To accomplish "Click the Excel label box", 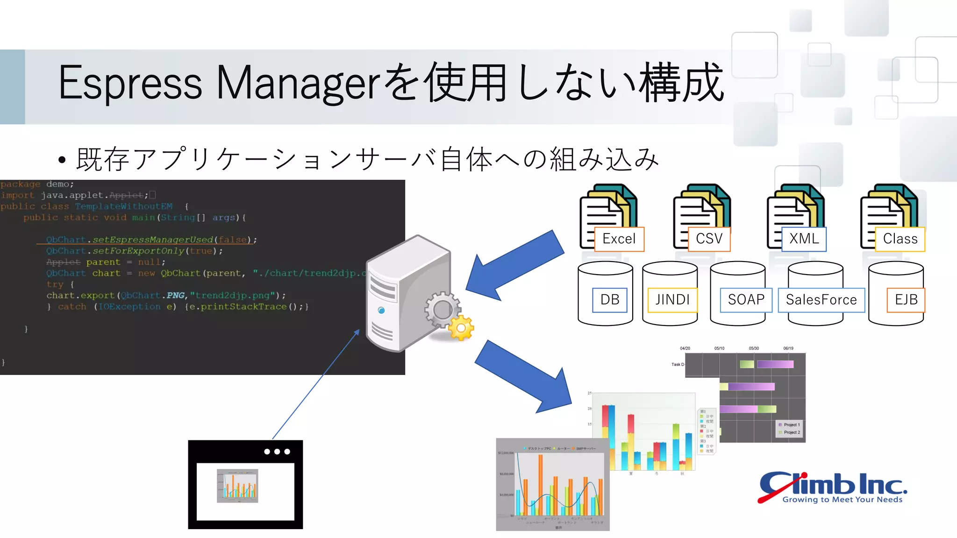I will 619,239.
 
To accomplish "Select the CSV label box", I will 709,239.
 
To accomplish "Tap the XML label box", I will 804,239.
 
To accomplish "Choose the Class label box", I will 900,239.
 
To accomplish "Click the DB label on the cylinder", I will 610,300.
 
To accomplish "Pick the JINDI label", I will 672,300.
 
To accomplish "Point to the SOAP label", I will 746,300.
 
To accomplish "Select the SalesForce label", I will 821,300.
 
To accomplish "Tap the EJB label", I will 906,300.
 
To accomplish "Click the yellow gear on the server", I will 461,328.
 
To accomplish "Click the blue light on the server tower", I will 381,311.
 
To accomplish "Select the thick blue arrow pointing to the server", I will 514,265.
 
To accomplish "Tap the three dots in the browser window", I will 277,452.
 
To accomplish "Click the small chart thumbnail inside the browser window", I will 237,486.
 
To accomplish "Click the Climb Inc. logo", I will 832,487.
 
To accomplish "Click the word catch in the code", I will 72,307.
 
